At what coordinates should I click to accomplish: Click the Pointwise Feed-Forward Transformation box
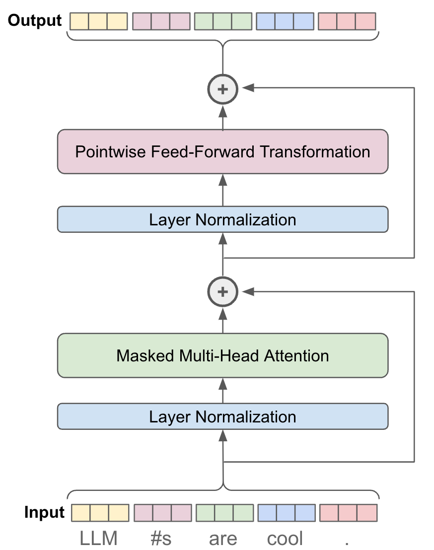tap(222, 152)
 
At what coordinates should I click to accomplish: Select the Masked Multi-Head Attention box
tap(222, 355)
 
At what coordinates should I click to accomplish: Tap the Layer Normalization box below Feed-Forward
tap(222, 219)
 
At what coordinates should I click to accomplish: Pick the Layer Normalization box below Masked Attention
tap(222, 416)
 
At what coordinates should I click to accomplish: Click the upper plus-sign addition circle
tap(222, 89)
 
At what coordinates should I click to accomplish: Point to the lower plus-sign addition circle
tap(222, 292)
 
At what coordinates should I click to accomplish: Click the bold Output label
tap(35, 20)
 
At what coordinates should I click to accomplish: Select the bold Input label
tap(44, 512)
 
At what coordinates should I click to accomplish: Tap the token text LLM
tap(99, 539)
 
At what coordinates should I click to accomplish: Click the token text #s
tap(161, 539)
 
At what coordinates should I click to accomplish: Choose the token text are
tap(223, 539)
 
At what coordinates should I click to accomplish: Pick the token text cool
tap(285, 539)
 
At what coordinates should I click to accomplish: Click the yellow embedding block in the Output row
tap(99, 21)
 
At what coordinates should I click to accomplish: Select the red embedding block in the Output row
tap(347, 21)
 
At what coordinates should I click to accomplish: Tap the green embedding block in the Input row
tap(224, 512)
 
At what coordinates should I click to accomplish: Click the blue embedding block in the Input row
tap(286, 512)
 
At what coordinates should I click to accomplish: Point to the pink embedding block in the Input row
tap(162, 512)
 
